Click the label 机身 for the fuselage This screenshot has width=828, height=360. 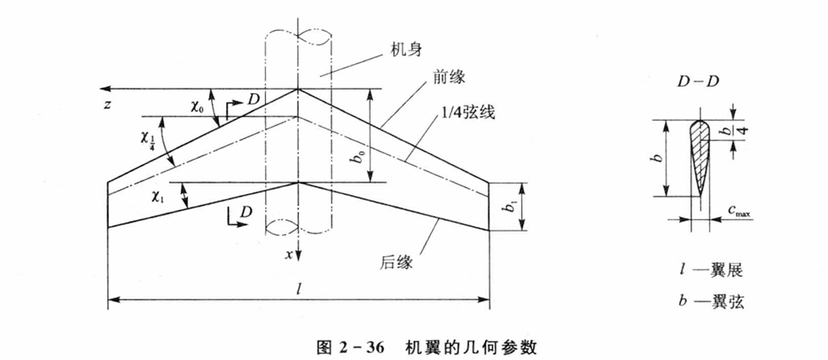(409, 51)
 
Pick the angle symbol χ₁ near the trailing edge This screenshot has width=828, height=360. (158, 196)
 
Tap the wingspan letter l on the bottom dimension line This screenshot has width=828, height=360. (299, 290)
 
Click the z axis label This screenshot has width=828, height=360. (107, 105)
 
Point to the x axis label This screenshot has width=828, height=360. (289, 254)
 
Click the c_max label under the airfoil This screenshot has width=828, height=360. (738, 212)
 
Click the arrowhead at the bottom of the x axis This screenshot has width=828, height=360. (299, 255)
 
